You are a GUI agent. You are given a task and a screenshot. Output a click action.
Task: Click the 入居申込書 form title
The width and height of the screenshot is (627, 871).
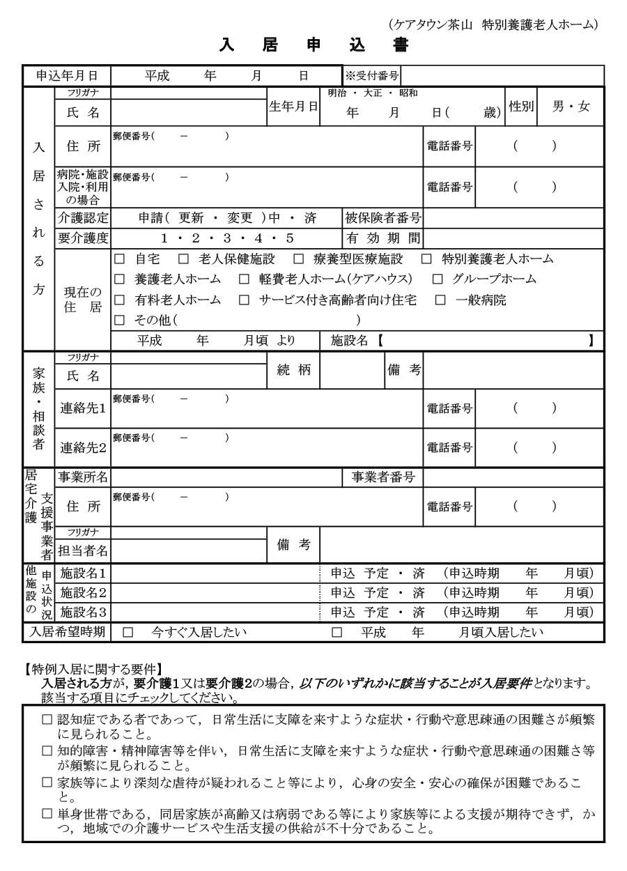tap(313, 46)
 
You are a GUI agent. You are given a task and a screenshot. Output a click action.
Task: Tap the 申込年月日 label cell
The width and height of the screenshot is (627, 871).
tap(67, 76)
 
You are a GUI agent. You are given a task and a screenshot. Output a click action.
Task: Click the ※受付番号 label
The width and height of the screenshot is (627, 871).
tap(371, 76)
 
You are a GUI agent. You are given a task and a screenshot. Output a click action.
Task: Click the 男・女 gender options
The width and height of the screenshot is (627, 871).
tap(571, 107)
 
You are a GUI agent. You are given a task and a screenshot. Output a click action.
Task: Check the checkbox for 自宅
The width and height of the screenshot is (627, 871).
tap(119, 259)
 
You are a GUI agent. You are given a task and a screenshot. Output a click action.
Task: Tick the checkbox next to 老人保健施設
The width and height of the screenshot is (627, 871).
tap(183, 259)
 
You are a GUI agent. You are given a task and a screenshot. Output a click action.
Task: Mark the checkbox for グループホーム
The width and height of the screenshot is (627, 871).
tap(438, 279)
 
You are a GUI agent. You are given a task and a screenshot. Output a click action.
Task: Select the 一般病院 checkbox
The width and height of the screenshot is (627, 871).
tap(440, 300)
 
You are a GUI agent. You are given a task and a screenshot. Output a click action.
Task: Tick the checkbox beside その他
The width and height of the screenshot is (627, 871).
tap(119, 321)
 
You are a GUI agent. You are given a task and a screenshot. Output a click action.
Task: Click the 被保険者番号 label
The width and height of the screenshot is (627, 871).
tap(383, 218)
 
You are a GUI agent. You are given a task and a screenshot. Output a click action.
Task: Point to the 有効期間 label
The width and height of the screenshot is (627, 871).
tap(383, 238)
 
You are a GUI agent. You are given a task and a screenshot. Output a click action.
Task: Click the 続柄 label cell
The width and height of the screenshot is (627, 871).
tap(293, 370)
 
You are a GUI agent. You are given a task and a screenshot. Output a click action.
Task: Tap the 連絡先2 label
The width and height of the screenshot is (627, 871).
tap(82, 447)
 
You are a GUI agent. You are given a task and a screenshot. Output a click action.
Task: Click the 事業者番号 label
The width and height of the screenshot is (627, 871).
tap(383, 477)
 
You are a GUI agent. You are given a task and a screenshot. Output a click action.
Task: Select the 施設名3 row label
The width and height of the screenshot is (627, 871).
tap(82, 612)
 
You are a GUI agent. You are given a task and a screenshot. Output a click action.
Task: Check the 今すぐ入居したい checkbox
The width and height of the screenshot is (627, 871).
tap(127, 633)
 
